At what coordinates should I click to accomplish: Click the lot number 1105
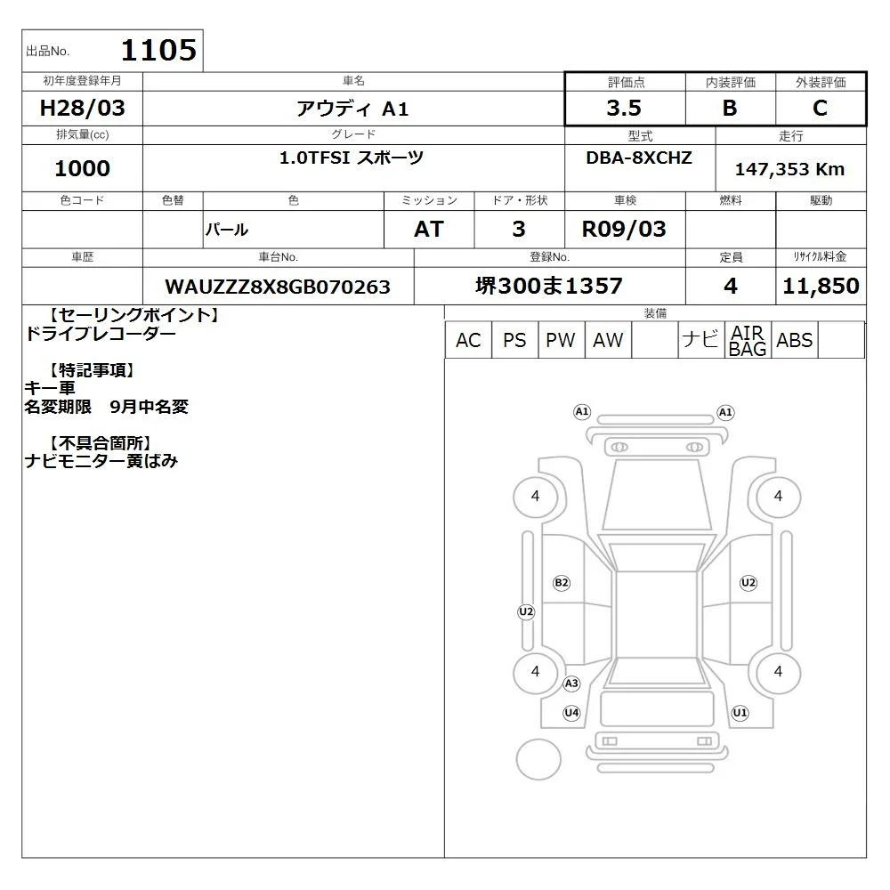pyautogui.click(x=159, y=50)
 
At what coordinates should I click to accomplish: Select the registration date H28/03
pyautogui.click(x=82, y=108)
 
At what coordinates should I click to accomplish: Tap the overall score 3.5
pyautogui.click(x=624, y=108)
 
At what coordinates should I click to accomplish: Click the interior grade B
pyautogui.click(x=730, y=108)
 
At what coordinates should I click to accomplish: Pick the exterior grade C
pyautogui.click(x=820, y=108)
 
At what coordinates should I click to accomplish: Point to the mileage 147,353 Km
pyautogui.click(x=789, y=169)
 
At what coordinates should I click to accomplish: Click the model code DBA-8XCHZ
pyautogui.click(x=639, y=158)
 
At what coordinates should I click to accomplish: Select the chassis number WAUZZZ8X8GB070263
pyautogui.click(x=278, y=287)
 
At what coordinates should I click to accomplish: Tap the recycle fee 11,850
pyautogui.click(x=821, y=286)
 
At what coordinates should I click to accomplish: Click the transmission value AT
pyautogui.click(x=429, y=230)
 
